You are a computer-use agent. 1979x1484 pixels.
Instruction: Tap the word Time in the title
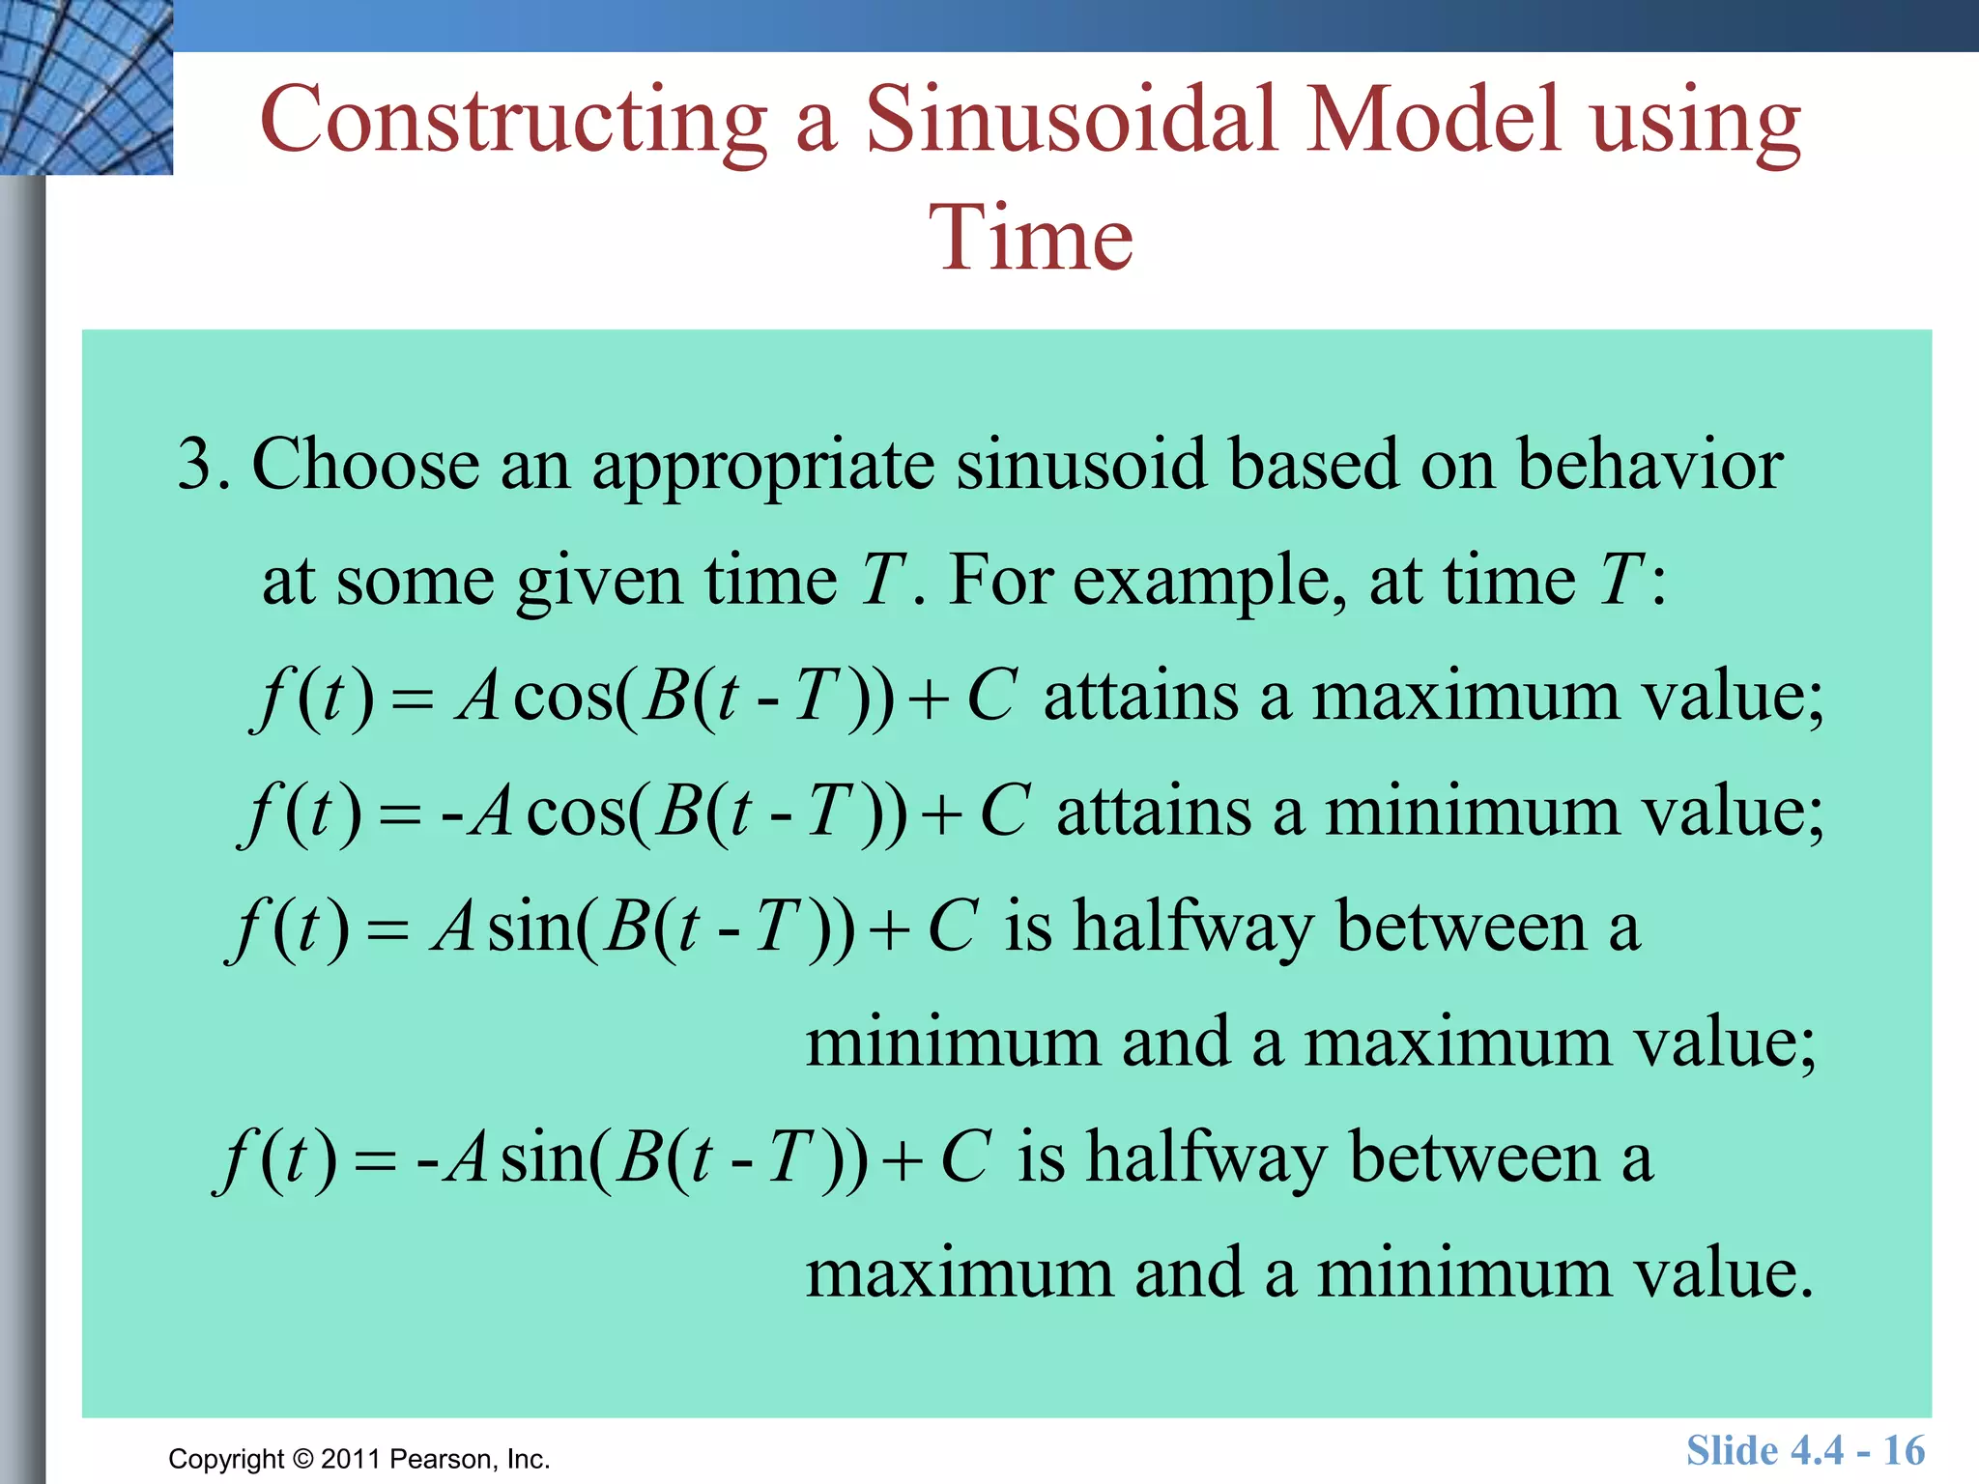click(x=1031, y=239)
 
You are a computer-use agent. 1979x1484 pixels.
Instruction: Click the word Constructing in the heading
click(x=513, y=120)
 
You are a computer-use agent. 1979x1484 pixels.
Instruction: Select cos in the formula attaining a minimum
click(x=576, y=812)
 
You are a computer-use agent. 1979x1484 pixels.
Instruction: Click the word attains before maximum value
click(x=1140, y=697)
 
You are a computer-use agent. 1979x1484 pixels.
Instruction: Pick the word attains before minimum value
click(x=1154, y=812)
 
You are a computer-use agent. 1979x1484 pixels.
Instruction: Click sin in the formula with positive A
click(x=530, y=927)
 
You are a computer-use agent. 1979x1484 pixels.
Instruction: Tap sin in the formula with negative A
click(x=543, y=1158)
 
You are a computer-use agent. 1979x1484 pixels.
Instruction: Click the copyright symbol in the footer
click(x=303, y=1459)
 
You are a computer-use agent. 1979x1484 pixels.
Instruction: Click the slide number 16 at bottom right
click(x=1904, y=1450)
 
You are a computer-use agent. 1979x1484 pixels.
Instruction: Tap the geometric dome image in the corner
click(x=86, y=87)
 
